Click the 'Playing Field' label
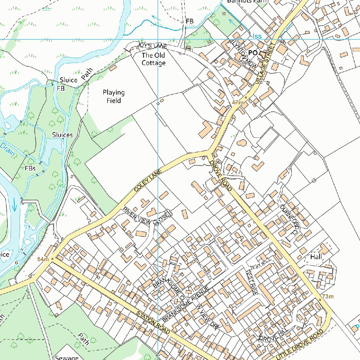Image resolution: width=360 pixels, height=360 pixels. tap(114, 97)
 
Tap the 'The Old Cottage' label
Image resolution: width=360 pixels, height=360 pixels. tap(153, 59)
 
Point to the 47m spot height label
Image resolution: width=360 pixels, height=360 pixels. tap(238, 102)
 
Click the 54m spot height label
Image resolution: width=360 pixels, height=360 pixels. tap(43, 259)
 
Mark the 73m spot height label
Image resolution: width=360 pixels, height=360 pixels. tap(328, 297)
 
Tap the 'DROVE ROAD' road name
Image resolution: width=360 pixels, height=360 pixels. tap(220, 176)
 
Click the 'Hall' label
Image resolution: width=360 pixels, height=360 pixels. tap(316, 257)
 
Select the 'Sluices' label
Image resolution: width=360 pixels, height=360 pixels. tap(62, 135)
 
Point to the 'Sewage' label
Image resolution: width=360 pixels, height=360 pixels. tap(66, 357)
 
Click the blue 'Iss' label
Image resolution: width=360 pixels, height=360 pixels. tap(257, 36)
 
